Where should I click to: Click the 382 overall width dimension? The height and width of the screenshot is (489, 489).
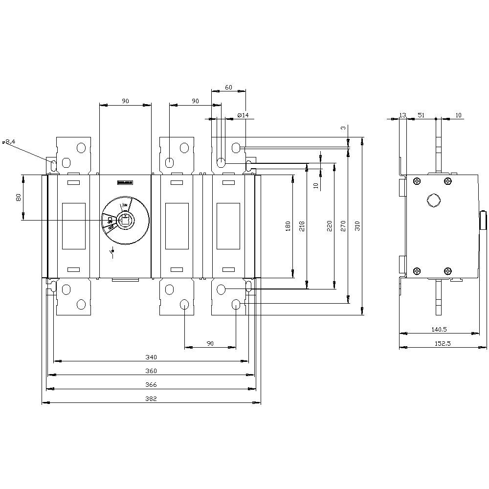click(x=151, y=399)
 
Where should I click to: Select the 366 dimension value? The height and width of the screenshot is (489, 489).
click(x=151, y=385)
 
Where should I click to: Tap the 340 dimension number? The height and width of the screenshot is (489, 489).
click(x=151, y=357)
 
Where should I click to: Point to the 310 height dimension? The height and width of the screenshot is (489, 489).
click(x=357, y=225)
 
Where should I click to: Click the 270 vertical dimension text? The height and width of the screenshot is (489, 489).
click(x=344, y=225)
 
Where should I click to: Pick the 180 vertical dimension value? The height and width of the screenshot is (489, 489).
click(x=288, y=225)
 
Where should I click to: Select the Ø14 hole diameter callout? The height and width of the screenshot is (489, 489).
click(x=243, y=115)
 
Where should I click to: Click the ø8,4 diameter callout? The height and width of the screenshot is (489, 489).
click(x=9, y=142)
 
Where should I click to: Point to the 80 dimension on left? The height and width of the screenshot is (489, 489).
click(x=19, y=198)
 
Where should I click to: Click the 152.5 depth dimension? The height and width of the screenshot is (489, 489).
click(x=443, y=344)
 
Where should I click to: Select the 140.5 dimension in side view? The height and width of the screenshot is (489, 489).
click(x=439, y=330)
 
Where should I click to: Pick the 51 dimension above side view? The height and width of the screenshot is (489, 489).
click(x=420, y=115)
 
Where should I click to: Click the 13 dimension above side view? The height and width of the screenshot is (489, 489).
click(x=402, y=115)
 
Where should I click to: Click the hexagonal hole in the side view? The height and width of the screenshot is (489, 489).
click(x=432, y=200)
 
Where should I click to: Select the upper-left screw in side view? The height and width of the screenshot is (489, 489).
click(x=417, y=181)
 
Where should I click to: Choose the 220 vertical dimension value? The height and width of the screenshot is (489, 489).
click(x=329, y=225)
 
